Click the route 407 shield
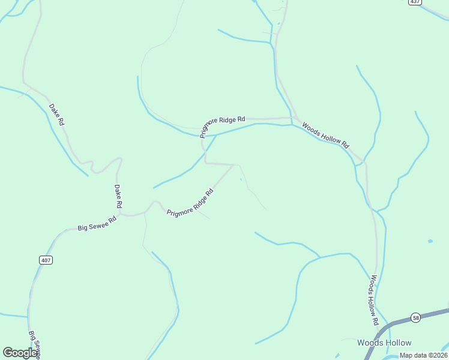click(46, 260)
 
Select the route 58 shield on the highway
click(415, 317)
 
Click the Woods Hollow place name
click(384, 343)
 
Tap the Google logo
click(20, 353)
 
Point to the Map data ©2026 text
click(423, 355)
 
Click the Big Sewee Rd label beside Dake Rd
click(97, 224)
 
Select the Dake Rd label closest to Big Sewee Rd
click(118, 196)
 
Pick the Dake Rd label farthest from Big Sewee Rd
click(56, 114)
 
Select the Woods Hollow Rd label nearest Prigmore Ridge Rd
click(325, 135)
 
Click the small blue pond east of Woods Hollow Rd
click(430, 241)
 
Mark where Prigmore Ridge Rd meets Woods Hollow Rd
click(292, 118)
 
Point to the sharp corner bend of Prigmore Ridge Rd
click(206, 162)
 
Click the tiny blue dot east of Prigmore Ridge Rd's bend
click(241, 179)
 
